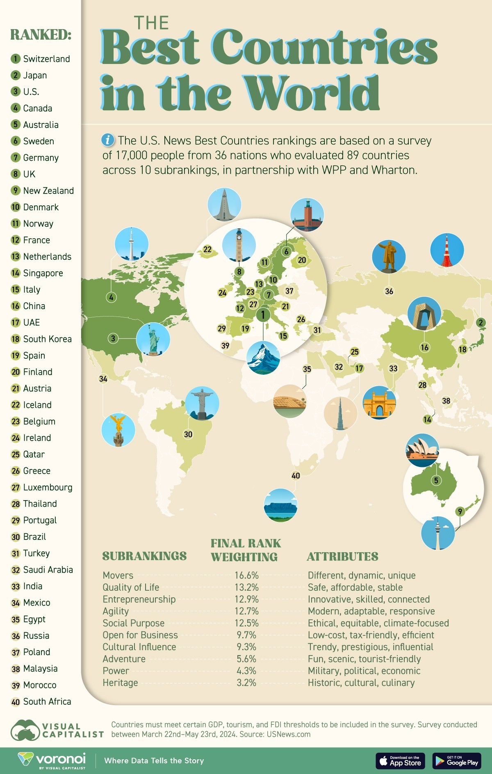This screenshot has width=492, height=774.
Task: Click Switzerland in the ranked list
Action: coord(46,59)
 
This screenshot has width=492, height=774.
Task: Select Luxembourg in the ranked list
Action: coord(48,487)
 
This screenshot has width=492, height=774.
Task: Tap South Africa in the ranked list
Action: coord(47,701)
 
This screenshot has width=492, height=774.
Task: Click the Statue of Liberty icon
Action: coord(153,339)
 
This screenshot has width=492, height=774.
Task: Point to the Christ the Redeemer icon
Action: coord(202,403)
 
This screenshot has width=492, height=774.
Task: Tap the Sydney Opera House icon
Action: coord(422,450)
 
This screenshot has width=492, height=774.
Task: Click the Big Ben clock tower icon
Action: coord(239,245)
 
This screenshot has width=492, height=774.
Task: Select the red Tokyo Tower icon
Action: coord(447,250)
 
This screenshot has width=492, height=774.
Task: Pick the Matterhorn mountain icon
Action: coord(263,357)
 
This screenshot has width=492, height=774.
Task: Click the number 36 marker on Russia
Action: coord(389,291)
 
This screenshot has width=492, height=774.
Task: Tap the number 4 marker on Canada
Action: coord(111,297)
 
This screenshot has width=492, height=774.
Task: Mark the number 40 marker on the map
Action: coord(296,476)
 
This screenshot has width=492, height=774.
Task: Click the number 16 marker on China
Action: coord(424,347)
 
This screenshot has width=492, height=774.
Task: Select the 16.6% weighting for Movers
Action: coord(246,575)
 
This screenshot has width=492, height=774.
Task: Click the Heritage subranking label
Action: coord(120,683)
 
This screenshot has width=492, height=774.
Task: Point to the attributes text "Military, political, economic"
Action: coord(364,671)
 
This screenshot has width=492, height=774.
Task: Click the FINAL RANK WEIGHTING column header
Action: coord(245,550)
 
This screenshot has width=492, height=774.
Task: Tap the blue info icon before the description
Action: coord(108,140)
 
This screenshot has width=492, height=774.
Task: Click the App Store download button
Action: coord(400,761)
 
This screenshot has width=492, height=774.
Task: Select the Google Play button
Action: coord(457,761)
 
